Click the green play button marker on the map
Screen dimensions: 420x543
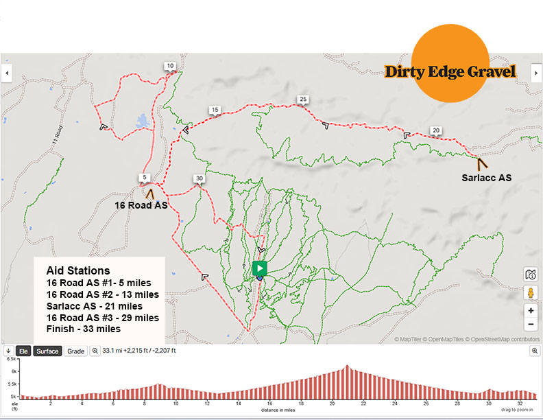(259, 268)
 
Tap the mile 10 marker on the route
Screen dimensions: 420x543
(170, 66)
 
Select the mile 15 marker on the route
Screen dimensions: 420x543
(215, 110)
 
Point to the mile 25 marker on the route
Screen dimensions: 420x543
(302, 100)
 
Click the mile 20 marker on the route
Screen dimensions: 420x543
(435, 130)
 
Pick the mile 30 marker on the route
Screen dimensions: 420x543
(199, 178)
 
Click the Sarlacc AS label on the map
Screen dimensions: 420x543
(486, 178)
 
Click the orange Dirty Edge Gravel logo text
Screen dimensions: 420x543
(450, 71)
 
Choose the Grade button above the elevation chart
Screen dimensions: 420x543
(76, 351)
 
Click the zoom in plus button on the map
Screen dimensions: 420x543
(531, 310)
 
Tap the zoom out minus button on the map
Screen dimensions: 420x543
(531, 325)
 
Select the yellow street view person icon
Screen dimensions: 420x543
(531, 292)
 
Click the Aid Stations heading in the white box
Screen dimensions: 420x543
(77, 271)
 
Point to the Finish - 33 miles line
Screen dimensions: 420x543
(83, 329)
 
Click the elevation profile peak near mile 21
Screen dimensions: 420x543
(348, 366)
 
